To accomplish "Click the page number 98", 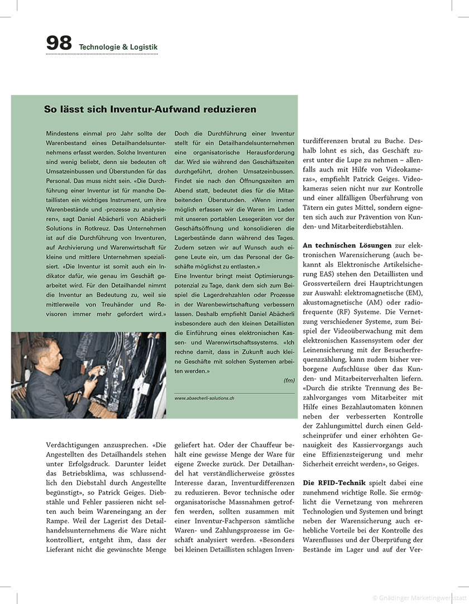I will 59,43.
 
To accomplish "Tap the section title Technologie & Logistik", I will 118,47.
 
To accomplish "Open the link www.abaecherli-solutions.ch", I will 204,398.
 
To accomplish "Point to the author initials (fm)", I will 289,380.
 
